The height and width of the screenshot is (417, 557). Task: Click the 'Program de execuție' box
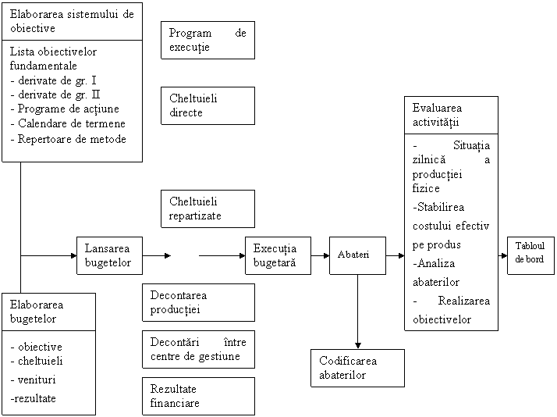pos(208,40)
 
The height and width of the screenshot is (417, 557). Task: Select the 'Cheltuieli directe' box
pos(208,105)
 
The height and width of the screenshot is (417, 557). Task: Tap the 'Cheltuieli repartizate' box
pos(208,208)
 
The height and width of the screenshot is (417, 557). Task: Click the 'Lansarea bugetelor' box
pos(110,255)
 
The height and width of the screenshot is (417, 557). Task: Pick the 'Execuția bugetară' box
pos(277,255)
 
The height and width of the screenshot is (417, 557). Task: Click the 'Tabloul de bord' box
pos(530,252)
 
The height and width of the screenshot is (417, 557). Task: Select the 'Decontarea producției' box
pos(198,302)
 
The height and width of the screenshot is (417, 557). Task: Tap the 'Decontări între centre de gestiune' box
pos(198,349)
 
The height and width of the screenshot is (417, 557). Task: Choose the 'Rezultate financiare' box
pos(198,396)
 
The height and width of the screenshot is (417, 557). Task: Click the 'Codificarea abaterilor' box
pos(357,368)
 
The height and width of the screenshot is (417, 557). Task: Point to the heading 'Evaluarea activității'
pos(450,115)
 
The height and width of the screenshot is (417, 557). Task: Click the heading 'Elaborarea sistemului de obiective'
pos(73,21)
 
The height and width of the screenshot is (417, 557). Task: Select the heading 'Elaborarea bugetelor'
pos(48,311)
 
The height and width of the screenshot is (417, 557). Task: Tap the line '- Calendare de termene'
pos(68,123)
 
